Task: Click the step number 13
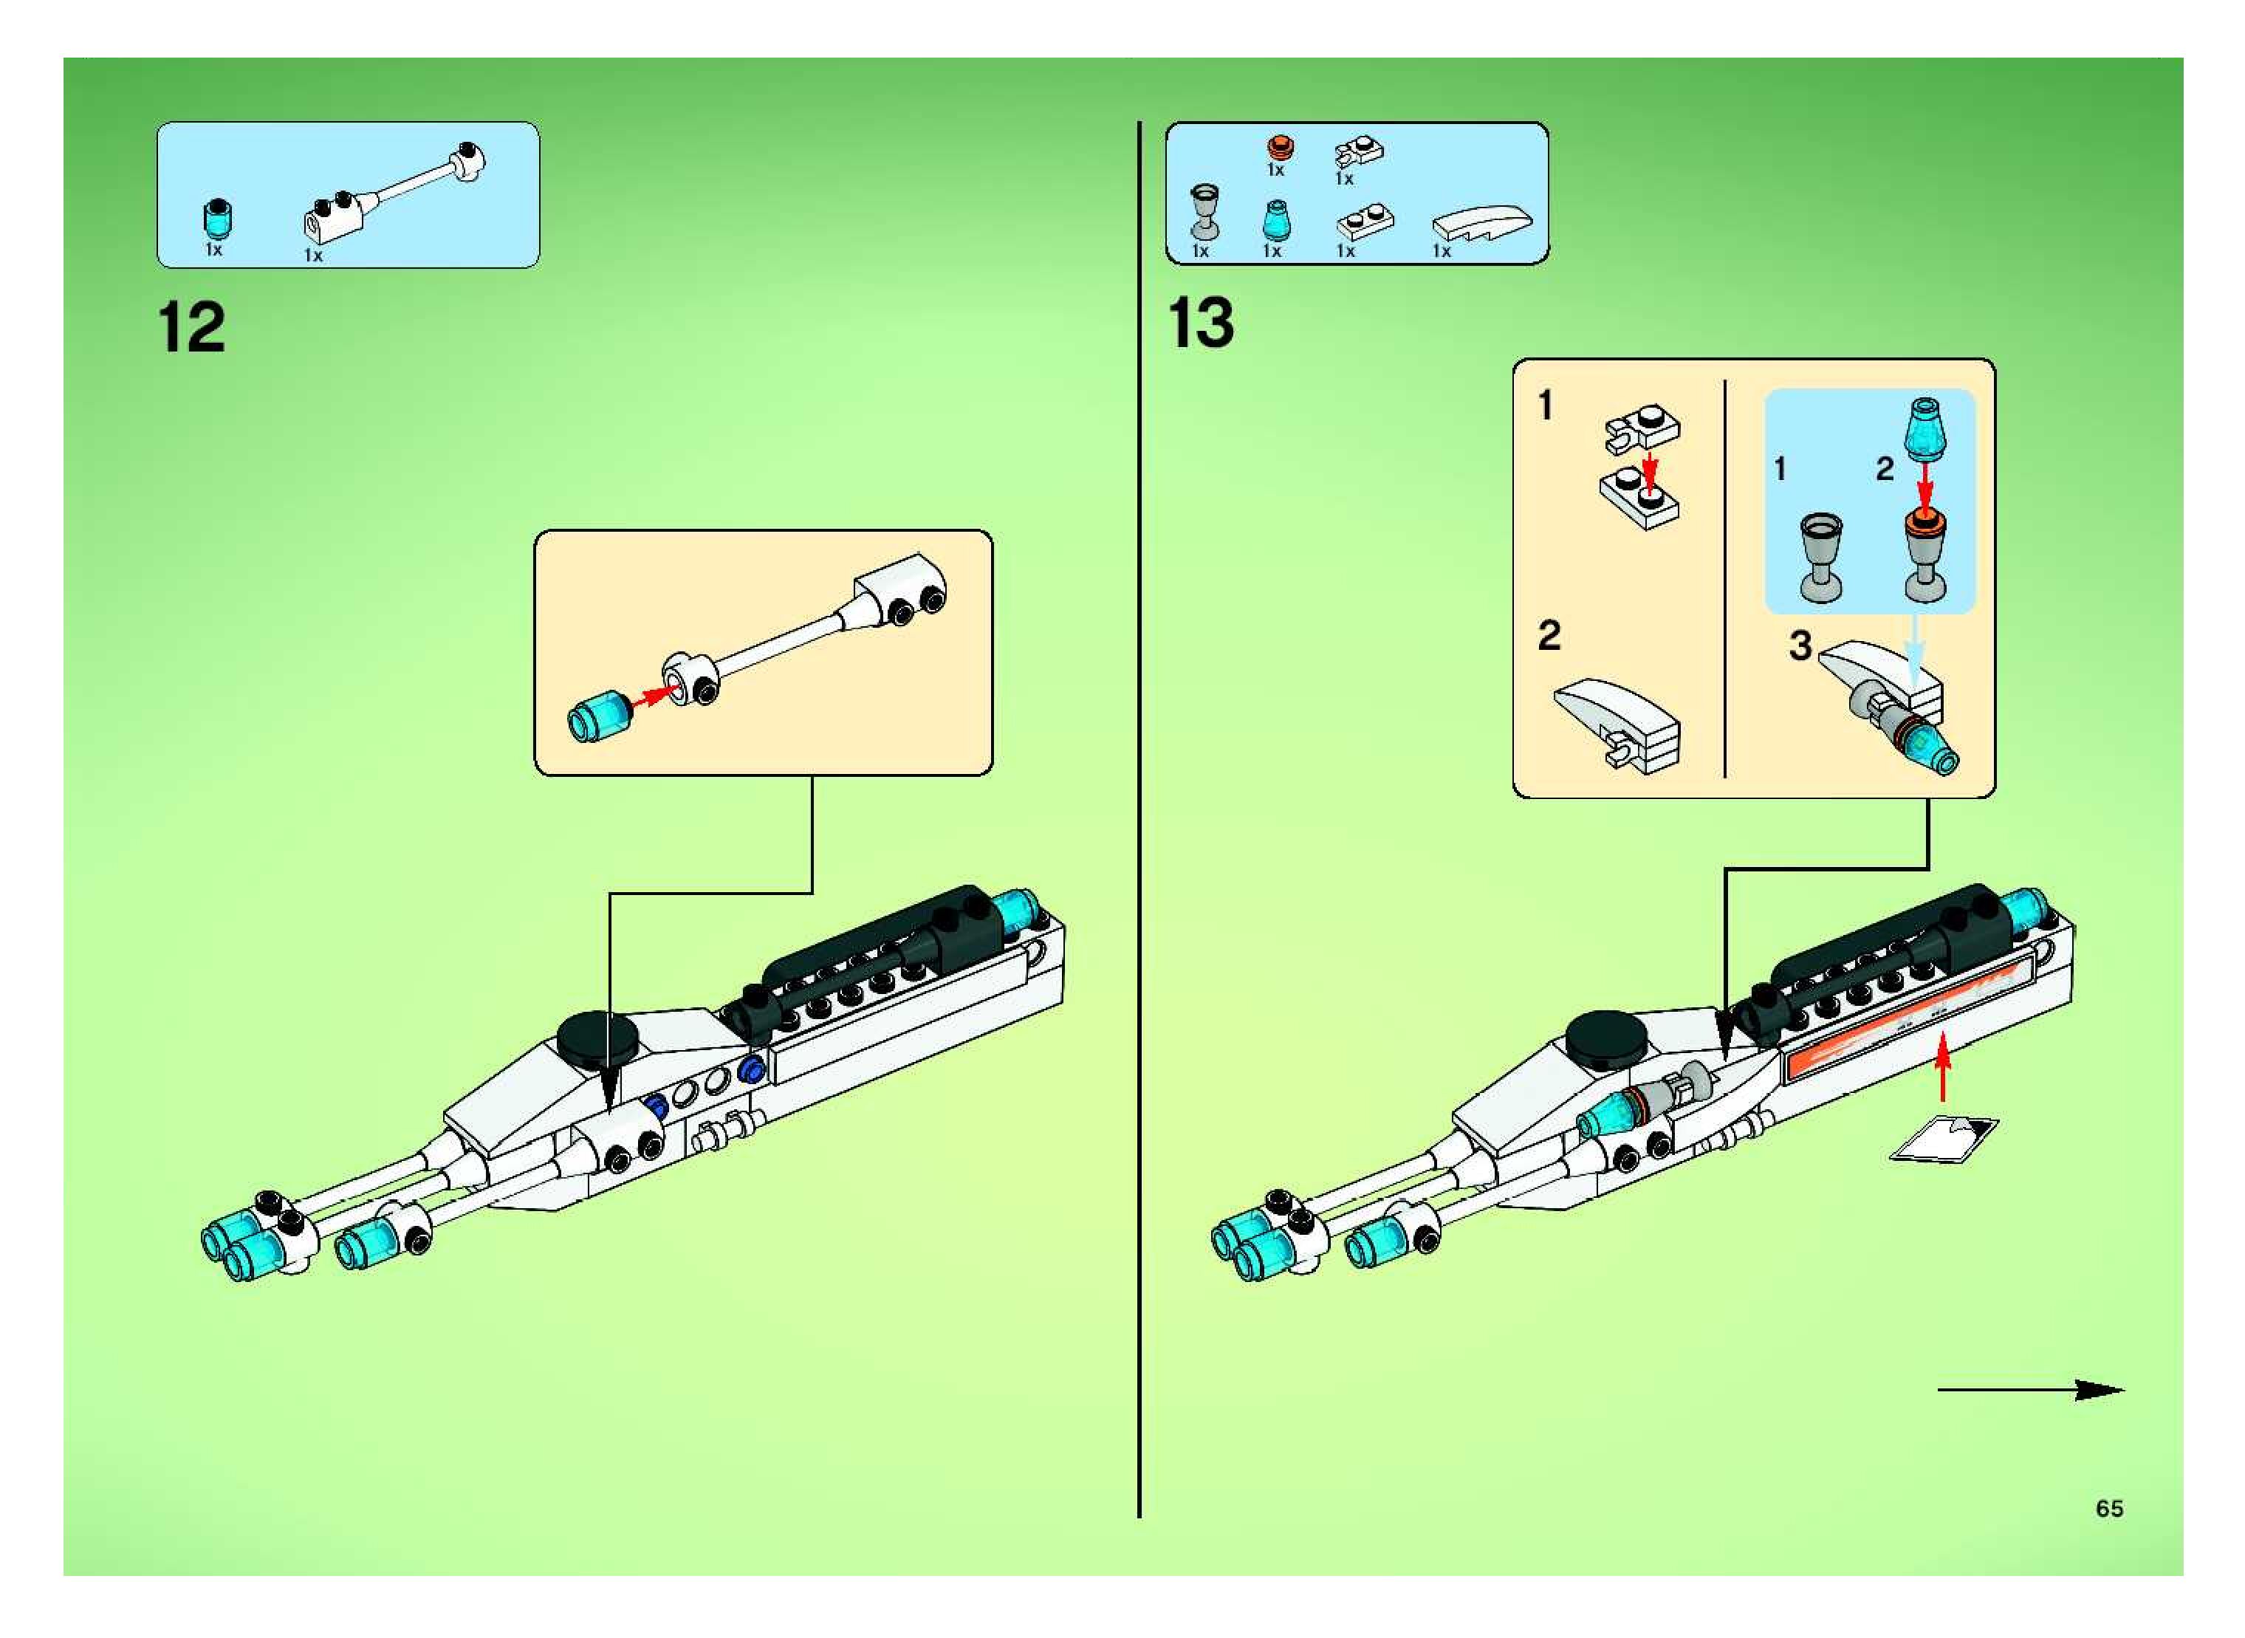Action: click(x=1201, y=323)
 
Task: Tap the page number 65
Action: click(x=2109, y=1508)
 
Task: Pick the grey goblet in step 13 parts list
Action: click(x=1204, y=212)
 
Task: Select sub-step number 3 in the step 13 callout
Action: click(x=1800, y=646)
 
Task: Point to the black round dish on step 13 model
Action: click(x=1605, y=1035)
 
